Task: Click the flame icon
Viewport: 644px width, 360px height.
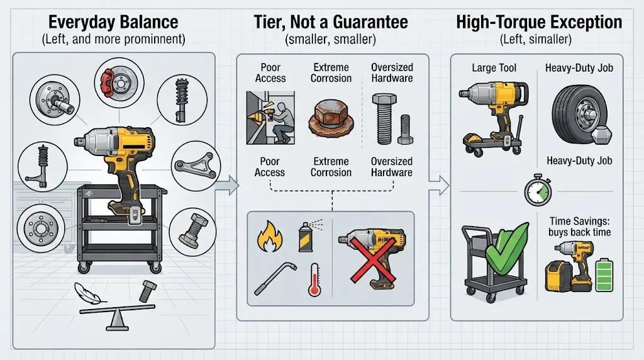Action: [269, 237]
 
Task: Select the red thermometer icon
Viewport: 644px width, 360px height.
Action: [314, 280]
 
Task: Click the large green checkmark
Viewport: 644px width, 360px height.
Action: [507, 250]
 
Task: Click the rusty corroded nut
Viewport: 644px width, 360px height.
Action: [331, 119]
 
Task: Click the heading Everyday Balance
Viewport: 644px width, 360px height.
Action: [113, 22]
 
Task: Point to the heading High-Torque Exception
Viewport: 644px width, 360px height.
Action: [539, 22]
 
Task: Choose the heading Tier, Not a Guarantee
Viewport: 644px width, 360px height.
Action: [331, 22]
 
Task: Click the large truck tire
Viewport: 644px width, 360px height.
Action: [580, 115]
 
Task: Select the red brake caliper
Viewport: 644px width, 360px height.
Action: [108, 82]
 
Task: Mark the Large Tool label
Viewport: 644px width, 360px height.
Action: [494, 68]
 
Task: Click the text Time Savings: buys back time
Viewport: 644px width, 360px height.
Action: [579, 227]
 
